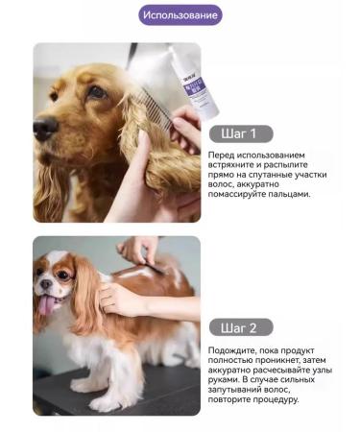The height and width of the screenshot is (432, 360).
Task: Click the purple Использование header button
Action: [x=180, y=15]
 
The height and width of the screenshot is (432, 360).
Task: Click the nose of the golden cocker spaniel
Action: [x=44, y=126]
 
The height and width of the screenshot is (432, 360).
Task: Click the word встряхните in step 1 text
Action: [x=235, y=165]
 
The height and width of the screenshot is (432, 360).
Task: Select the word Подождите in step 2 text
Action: [x=235, y=352]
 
